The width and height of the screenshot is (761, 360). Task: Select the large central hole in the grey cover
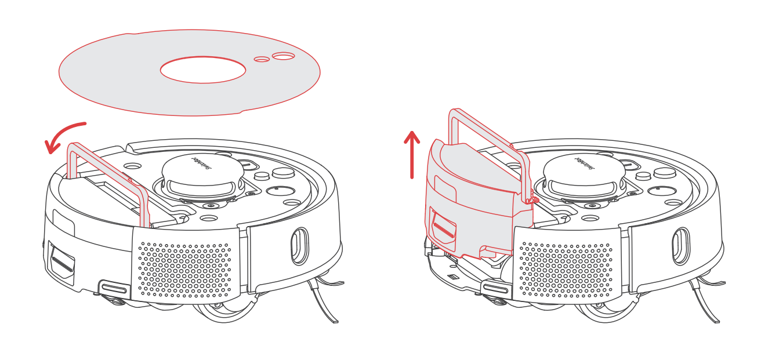202,70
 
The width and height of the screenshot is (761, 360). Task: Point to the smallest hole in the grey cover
262,59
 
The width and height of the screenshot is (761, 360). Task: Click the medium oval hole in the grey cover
283,56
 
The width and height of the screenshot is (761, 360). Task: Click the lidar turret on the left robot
202,174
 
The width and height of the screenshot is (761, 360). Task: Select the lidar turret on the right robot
584,174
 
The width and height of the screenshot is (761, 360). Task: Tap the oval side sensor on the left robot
299,246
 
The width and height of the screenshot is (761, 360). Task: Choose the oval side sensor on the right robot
680,246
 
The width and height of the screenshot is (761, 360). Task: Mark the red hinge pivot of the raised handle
532,200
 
